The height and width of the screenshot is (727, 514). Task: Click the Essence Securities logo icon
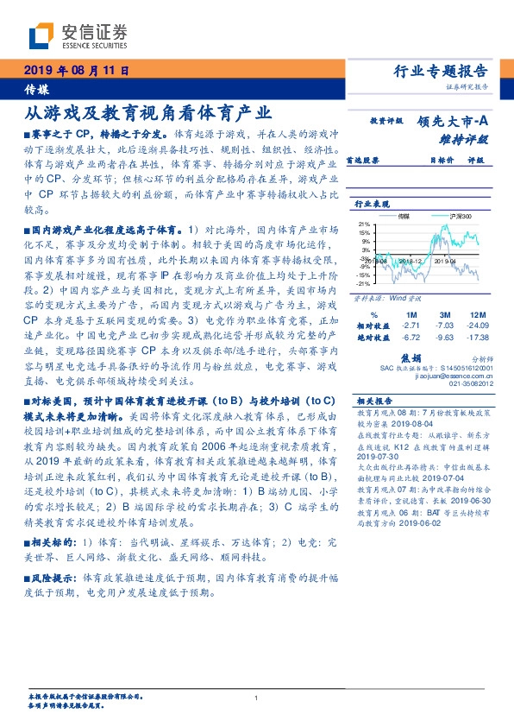click(x=42, y=36)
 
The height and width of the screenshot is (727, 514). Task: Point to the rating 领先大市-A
click(x=455, y=122)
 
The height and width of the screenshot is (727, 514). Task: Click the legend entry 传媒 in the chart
click(x=404, y=217)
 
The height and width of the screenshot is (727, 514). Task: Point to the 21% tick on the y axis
click(x=364, y=223)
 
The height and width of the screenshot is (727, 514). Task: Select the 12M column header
click(x=474, y=314)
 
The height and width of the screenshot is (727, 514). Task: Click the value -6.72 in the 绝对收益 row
click(x=411, y=338)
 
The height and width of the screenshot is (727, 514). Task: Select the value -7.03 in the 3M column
click(x=443, y=326)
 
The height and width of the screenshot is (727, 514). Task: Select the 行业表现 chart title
click(x=373, y=203)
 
